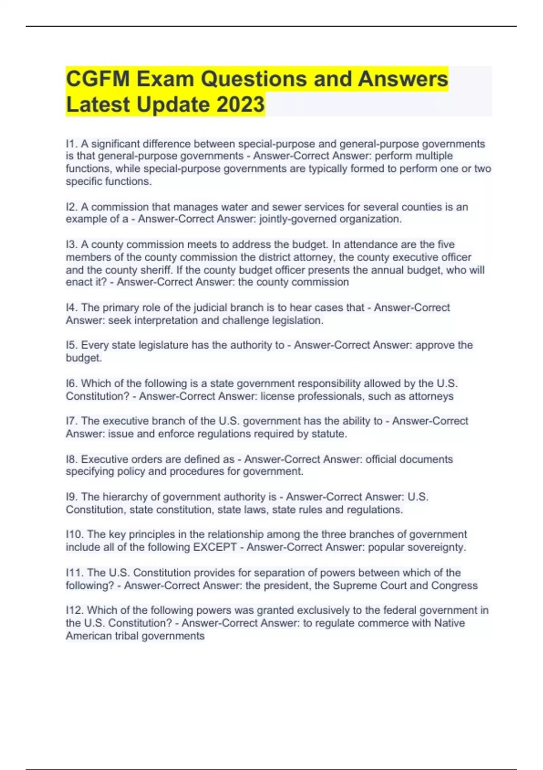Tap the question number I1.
tap(71, 144)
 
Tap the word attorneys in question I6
tap(431, 396)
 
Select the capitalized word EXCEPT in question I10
tap(215, 547)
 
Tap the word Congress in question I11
tap(454, 585)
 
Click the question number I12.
tap(75, 611)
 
